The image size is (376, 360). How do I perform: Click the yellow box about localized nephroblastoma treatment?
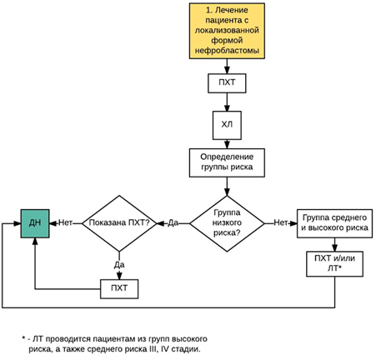[227, 31]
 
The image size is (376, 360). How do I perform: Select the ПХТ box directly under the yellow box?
[227, 83]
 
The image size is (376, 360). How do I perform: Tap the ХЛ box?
[227, 125]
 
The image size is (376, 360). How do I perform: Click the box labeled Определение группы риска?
[227, 162]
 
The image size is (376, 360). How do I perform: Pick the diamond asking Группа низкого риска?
[227, 223]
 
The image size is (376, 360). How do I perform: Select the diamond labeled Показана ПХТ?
[119, 223]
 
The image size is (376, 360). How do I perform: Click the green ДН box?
[35, 223]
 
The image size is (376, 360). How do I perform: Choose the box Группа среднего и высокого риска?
[334, 223]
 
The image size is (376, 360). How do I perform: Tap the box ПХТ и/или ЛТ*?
[334, 264]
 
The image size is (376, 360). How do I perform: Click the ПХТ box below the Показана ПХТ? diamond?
[119, 289]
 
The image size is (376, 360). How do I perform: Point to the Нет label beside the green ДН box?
[66, 222]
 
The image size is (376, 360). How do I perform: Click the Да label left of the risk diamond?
[173, 222]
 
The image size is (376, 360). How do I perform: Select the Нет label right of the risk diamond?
[281, 222]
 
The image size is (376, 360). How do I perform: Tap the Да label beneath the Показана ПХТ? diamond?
[119, 265]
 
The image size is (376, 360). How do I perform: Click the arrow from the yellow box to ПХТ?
[227, 67]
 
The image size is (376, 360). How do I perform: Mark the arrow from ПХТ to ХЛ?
[227, 102]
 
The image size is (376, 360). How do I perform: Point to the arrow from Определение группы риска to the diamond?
[227, 187]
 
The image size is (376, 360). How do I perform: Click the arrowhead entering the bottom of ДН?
[35, 241]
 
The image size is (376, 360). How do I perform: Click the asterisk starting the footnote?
[23, 338]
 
